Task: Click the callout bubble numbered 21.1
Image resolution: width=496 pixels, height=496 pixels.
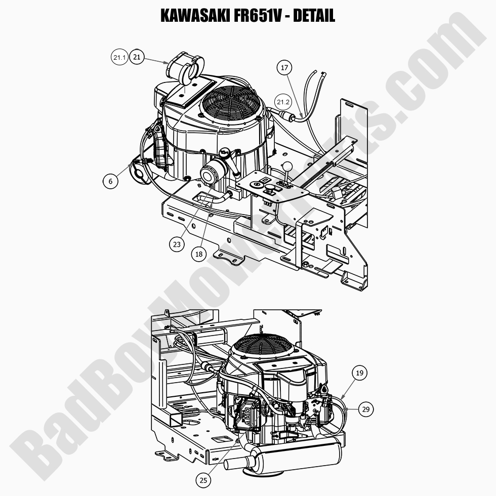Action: [119, 58]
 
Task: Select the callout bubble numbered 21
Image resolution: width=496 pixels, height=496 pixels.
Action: [137, 58]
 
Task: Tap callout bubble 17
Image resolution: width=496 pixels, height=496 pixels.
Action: [284, 67]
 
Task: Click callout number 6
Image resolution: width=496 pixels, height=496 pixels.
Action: [110, 181]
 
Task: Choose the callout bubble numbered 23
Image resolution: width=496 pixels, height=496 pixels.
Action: [177, 244]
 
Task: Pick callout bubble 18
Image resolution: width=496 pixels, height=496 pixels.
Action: [199, 255]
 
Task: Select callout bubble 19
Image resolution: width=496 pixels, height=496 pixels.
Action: [360, 374]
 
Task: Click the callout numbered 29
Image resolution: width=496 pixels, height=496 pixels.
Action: [366, 409]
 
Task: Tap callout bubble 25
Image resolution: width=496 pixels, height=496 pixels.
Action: [202, 480]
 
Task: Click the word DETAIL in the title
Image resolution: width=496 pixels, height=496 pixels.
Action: [314, 16]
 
